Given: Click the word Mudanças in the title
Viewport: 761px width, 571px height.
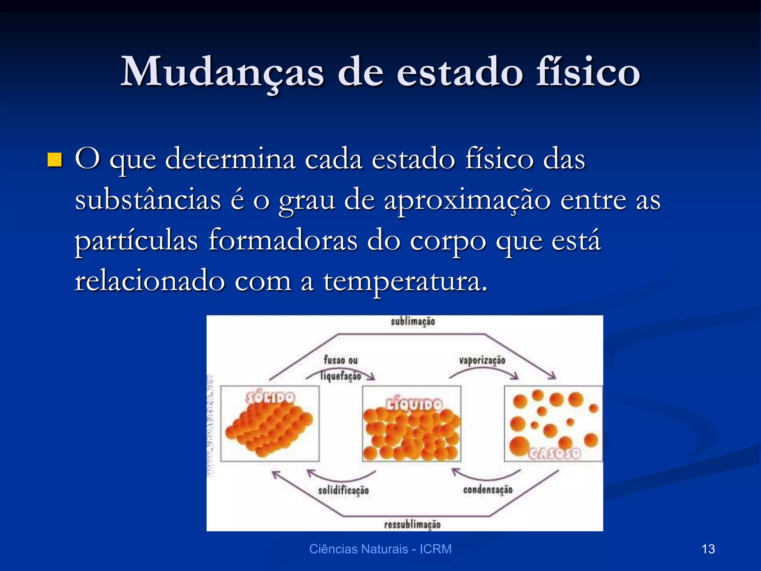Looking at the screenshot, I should point(222,72).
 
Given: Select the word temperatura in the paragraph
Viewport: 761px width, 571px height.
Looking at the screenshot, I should point(405,281).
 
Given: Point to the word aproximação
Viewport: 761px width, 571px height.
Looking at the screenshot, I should point(467,201).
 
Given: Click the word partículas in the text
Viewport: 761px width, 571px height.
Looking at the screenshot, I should point(136,241).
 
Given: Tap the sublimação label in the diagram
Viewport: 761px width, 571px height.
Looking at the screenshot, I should point(412,322).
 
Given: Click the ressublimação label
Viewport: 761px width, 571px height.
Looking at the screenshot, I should point(412,525).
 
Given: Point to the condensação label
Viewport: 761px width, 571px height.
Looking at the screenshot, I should point(488,490).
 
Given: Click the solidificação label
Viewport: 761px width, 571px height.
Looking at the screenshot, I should point(343,491).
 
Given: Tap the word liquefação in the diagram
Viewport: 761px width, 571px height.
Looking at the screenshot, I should point(341,376).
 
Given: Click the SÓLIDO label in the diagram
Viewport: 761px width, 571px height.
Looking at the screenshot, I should point(271,398).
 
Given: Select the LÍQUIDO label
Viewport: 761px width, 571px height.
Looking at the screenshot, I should point(414,404).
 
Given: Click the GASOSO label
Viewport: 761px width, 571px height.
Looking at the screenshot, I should point(554,454).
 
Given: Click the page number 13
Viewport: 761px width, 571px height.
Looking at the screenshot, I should point(708,549).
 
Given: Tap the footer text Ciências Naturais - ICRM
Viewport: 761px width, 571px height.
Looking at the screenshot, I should point(380,549).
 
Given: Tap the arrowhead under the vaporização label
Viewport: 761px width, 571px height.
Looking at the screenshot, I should point(514,376).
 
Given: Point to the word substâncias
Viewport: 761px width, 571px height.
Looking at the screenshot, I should point(148,201).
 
